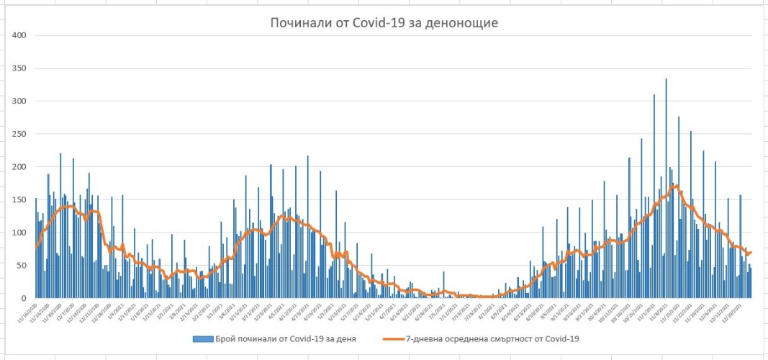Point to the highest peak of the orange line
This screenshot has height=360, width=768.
(675, 186)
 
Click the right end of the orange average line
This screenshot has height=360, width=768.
(751, 252)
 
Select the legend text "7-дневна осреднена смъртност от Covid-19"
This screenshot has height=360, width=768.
(492, 338)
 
